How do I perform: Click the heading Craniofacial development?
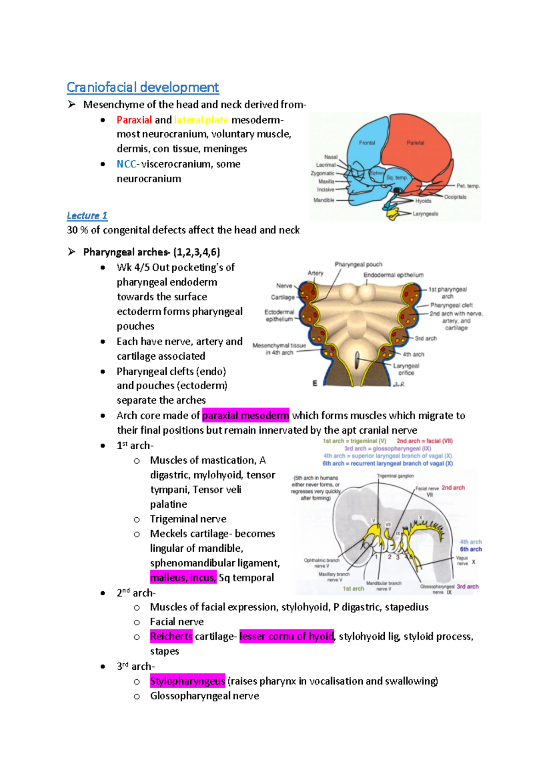(142, 87)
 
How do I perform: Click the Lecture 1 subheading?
(87, 215)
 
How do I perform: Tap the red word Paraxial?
(134, 120)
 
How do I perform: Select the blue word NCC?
(126, 164)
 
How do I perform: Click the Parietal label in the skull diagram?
(415, 143)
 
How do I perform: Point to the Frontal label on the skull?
(367, 143)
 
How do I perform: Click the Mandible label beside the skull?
(324, 200)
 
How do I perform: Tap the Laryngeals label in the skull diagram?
(425, 214)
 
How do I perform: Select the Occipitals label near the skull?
(455, 197)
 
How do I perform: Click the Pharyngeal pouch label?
(358, 265)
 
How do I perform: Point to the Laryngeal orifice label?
(406, 369)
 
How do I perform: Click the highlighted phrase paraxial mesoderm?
(246, 416)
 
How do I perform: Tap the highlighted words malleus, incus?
(183, 577)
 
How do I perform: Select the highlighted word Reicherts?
(171, 636)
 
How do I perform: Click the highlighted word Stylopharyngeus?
(187, 681)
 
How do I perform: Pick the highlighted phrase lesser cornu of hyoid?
(287, 636)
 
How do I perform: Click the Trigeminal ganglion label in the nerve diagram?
(395, 476)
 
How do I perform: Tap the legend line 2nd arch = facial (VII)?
(425, 441)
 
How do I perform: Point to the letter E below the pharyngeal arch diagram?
(315, 383)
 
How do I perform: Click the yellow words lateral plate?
(201, 120)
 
